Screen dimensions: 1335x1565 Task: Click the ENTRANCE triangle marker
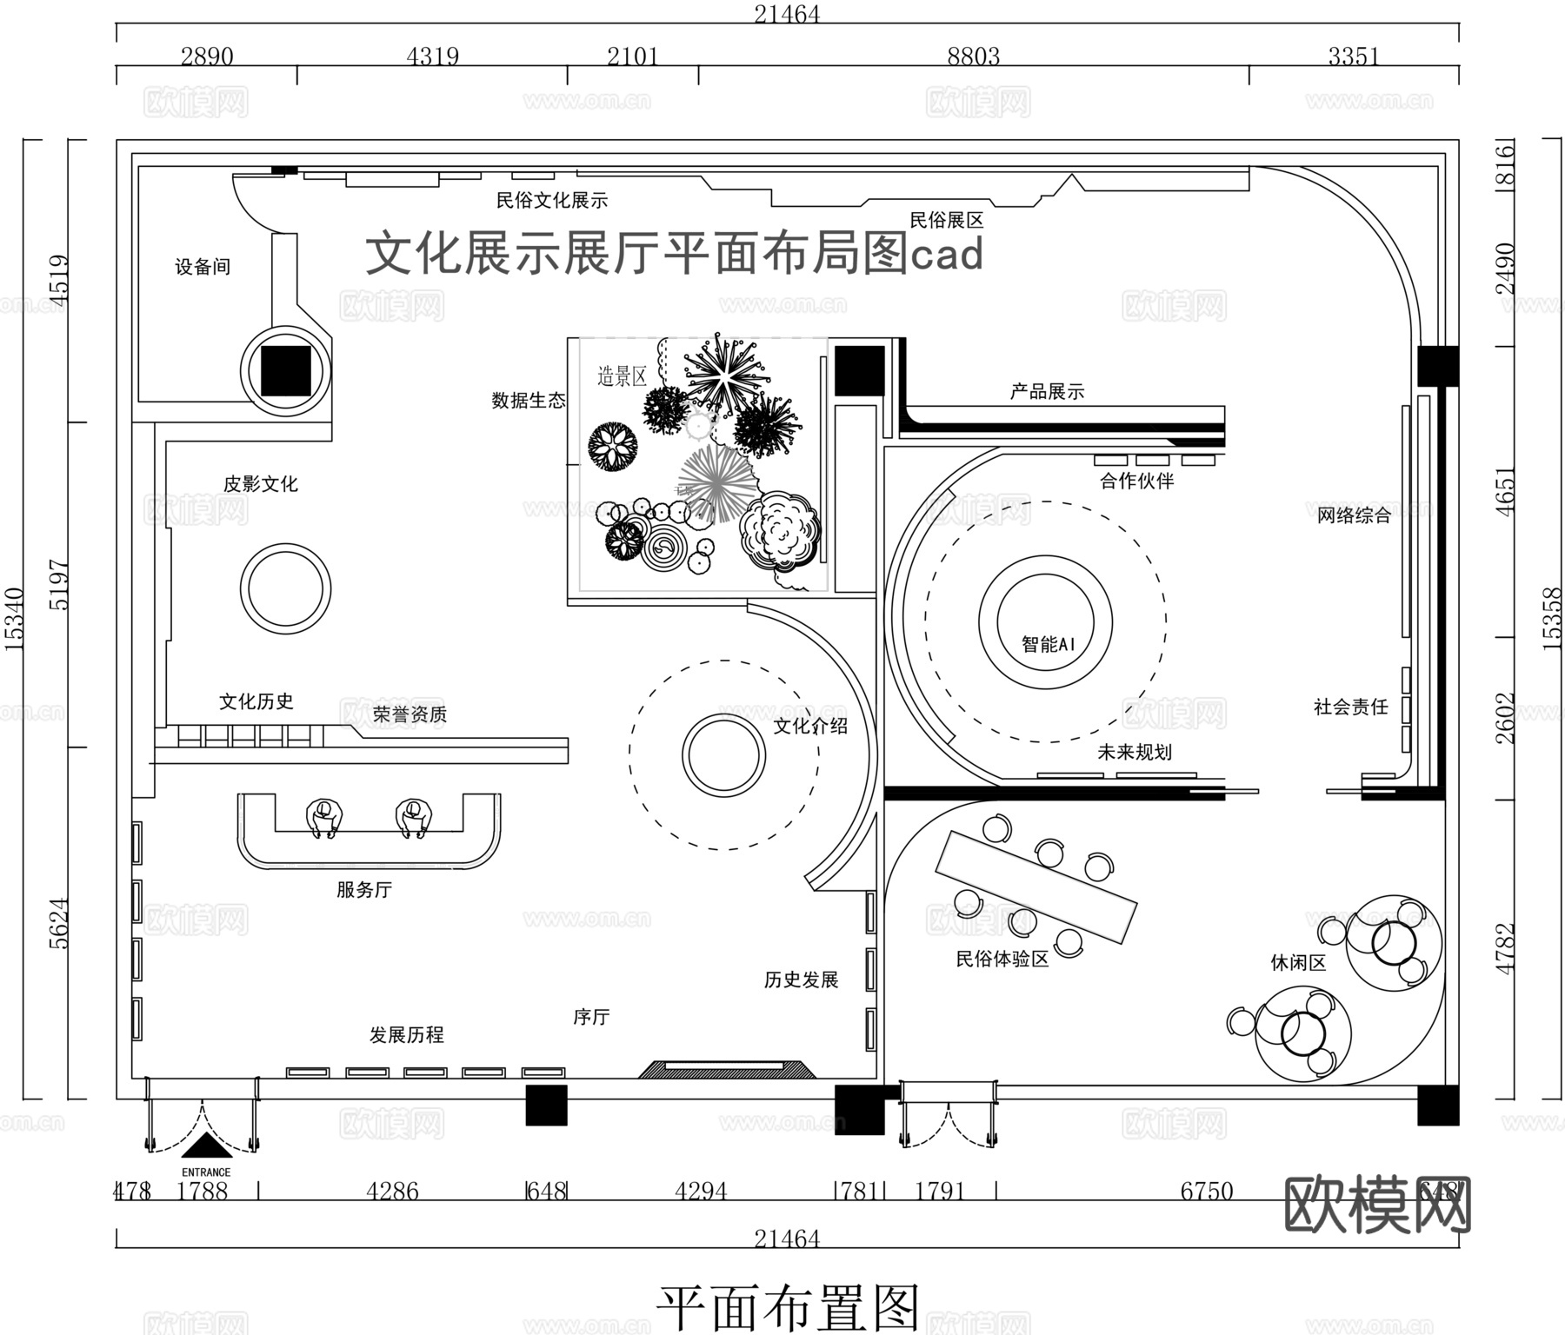(206, 1147)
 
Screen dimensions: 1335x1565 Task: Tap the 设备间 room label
(203, 267)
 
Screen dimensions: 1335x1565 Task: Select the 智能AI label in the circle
(1048, 644)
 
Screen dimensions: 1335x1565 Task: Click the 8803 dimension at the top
(973, 56)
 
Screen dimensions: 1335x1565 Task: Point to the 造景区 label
(622, 376)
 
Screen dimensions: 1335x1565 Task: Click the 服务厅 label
(364, 889)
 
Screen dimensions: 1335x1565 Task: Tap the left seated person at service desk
(324, 818)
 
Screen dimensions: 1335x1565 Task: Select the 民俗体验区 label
(1002, 959)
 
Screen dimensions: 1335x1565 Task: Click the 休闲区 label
(1298, 962)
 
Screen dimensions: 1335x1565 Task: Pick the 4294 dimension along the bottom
(700, 1191)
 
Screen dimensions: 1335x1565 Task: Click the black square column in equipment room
(286, 369)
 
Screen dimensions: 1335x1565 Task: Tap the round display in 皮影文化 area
(285, 588)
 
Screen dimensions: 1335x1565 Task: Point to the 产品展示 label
(1047, 392)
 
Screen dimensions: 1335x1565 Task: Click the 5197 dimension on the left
(58, 584)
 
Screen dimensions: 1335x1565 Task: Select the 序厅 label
(591, 1016)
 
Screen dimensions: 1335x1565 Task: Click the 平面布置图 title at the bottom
(787, 1307)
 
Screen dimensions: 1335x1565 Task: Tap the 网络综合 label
(1353, 515)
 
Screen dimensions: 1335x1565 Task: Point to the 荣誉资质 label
(410, 714)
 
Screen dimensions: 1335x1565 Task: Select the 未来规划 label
(1134, 752)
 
